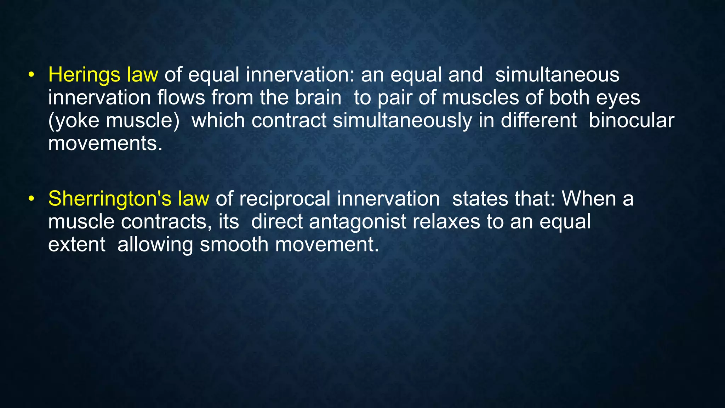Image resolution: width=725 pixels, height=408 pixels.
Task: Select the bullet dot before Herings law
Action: coord(32,75)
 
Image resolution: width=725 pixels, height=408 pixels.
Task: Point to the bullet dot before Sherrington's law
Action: coord(32,199)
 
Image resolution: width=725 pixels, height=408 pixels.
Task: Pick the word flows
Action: coord(181,98)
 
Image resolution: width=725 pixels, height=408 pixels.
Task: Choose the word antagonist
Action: coord(358,222)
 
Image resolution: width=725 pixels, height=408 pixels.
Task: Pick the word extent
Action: coord(76,245)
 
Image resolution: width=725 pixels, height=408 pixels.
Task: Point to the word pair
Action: coord(395,98)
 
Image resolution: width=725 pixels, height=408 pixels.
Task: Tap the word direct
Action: coord(277,222)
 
